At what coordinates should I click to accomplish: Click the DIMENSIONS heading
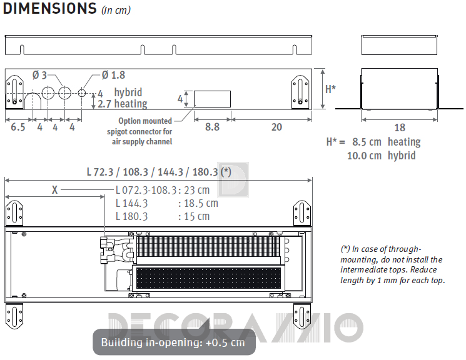(x=50, y=8)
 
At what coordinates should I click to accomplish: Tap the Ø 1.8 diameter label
(x=113, y=75)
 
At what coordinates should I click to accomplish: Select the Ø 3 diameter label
(x=39, y=75)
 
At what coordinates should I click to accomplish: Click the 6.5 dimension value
(x=18, y=127)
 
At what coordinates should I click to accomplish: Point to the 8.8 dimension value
(x=213, y=127)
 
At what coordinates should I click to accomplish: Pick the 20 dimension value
(x=276, y=127)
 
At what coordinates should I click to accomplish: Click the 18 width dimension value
(x=400, y=127)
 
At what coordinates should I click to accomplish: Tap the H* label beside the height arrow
(x=330, y=89)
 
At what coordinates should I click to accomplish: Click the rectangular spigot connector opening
(x=212, y=99)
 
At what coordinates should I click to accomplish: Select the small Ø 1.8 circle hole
(x=82, y=93)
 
